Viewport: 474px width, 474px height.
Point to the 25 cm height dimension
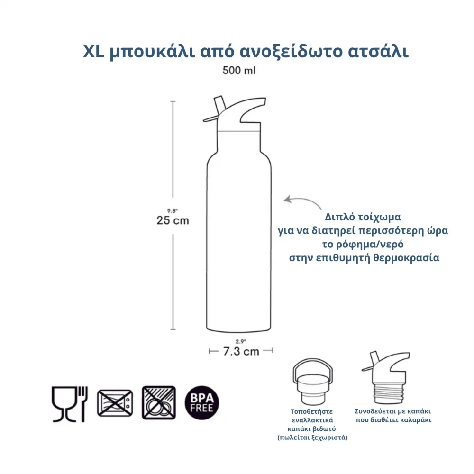173,220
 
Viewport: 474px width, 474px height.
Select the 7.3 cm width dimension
241,351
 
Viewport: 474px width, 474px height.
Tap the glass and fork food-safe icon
69,403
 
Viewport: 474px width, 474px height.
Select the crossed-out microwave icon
115,403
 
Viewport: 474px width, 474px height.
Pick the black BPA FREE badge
201,403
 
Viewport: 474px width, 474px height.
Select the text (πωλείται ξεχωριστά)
312,438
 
